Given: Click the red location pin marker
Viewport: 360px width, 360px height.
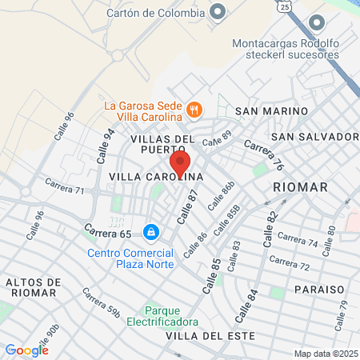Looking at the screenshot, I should click(180, 164).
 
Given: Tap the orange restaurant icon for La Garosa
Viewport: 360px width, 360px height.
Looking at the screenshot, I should click(193, 108).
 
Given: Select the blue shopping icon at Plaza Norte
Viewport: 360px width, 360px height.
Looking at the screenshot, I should click(150, 232).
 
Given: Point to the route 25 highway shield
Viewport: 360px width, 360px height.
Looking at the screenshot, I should click(286, 7).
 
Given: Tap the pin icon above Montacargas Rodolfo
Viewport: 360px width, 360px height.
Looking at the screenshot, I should click(318, 22).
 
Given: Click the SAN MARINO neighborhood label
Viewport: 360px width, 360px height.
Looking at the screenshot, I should click(272, 110).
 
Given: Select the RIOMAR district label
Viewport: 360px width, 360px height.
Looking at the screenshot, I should click(300, 186).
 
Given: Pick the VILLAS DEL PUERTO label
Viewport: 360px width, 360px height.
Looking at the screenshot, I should click(162, 144).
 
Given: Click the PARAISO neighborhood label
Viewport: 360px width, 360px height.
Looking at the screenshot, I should click(318, 288).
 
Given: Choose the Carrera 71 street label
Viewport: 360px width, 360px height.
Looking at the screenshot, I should click(65, 190).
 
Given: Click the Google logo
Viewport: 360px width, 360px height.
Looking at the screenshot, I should click(26, 350).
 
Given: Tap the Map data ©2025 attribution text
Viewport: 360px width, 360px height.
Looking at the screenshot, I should click(325, 354).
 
